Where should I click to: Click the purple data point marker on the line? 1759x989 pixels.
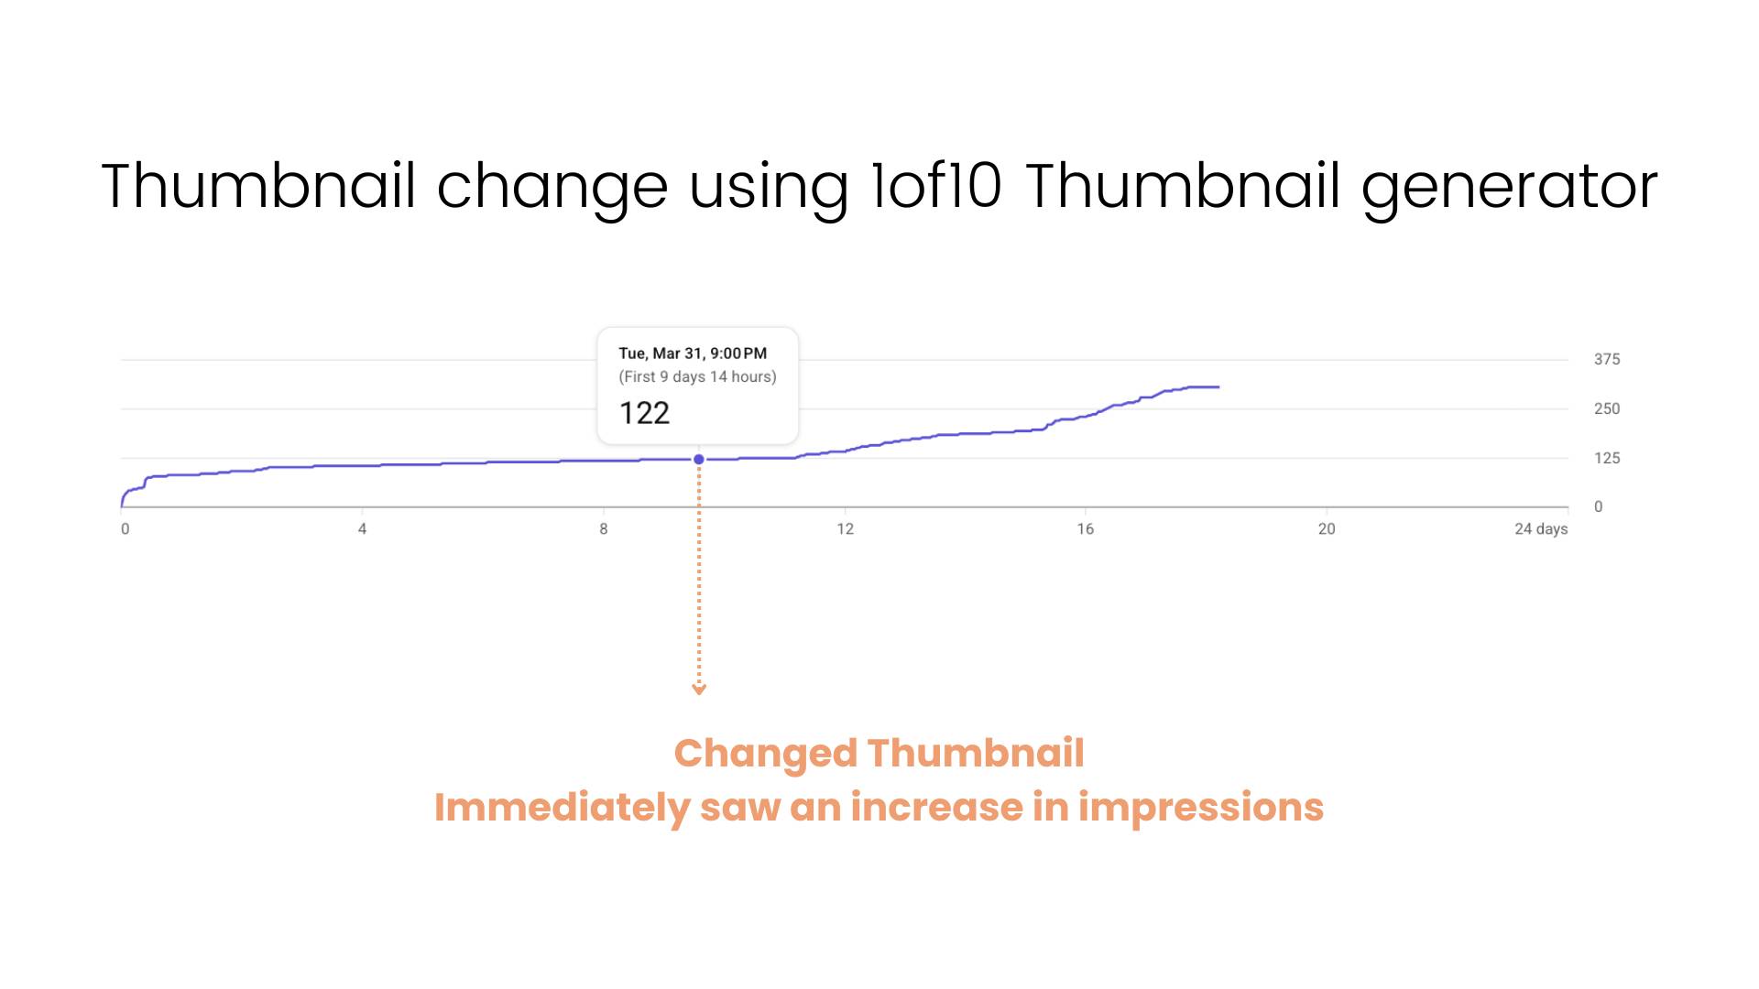(699, 460)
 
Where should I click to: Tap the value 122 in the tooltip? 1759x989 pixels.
(644, 413)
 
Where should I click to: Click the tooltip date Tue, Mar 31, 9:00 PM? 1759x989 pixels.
(693, 353)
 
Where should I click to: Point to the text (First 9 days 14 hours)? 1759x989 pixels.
(697, 376)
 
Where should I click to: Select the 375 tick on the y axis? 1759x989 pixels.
(1607, 360)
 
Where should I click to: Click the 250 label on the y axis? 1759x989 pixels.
(1607, 408)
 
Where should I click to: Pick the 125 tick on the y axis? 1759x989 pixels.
(1607, 458)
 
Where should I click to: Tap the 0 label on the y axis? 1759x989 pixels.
(1599, 506)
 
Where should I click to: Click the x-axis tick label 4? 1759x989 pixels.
(362, 528)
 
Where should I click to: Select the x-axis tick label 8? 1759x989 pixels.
(604, 528)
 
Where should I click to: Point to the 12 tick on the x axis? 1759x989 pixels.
(845, 528)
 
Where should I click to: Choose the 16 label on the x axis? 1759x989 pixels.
(1086, 528)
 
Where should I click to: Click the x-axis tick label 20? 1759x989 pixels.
(1327, 528)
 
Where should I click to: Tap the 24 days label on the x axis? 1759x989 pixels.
(1541, 529)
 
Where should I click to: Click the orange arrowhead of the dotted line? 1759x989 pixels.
(699, 690)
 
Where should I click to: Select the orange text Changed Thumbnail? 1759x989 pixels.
(879, 754)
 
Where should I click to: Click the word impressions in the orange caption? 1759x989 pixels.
(1201, 808)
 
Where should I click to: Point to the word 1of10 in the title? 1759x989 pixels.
(935, 186)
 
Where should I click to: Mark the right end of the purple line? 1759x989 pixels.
(1218, 387)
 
